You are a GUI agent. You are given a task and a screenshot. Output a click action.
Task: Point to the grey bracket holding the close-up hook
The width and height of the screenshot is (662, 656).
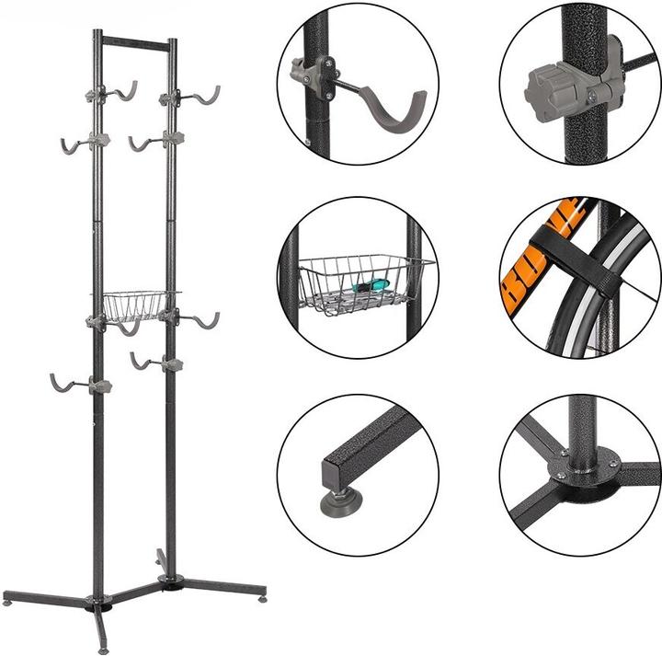tap(312, 74)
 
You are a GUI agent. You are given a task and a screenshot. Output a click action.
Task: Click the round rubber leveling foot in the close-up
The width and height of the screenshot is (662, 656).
tap(339, 501)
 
